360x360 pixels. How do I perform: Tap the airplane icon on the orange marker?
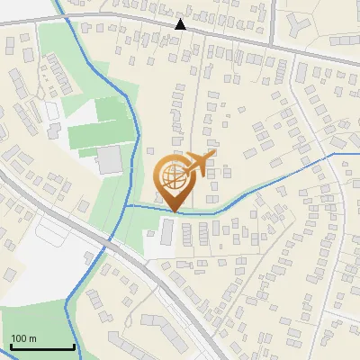(x=198, y=163)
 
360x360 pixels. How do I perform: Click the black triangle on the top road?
(x=182, y=24)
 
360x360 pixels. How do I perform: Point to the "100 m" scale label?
(x=24, y=338)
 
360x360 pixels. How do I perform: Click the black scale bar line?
(x=42, y=347)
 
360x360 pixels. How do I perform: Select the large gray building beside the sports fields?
(x=110, y=160)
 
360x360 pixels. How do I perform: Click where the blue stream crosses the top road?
(x=66, y=14)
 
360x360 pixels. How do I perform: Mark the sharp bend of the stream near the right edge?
(x=334, y=154)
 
